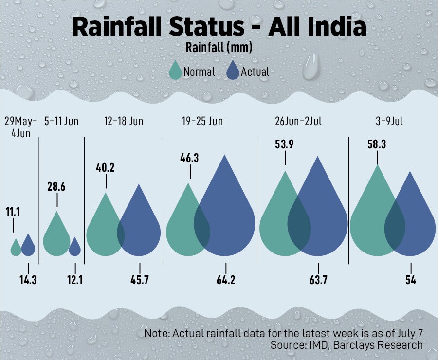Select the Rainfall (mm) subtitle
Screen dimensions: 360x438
(219, 48)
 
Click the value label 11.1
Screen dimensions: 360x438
(13, 213)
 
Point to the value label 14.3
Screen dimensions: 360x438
(28, 280)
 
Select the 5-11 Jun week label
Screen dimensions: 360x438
(61, 121)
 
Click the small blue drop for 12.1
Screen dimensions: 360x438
(75, 247)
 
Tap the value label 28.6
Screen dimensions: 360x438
(57, 187)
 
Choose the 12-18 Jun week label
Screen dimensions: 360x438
(123, 121)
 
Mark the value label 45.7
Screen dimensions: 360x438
(140, 280)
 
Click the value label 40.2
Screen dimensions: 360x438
(106, 168)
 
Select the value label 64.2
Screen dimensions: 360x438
(226, 280)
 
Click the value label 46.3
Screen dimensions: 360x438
(190, 158)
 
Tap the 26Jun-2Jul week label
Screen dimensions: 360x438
(298, 121)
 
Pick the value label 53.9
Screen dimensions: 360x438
(286, 145)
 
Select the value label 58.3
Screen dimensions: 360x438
(378, 144)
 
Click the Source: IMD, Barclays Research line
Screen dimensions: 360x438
(346, 345)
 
